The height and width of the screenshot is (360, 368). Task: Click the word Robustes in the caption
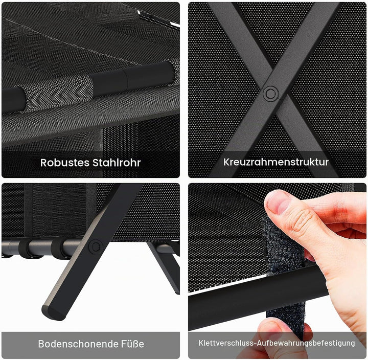coord(64,163)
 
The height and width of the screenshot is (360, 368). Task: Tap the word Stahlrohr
coord(117,163)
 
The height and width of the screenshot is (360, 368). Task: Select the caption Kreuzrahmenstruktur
coord(276,162)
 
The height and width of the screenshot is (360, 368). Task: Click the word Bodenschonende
coord(78,344)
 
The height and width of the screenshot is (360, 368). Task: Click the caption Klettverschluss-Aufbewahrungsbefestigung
coord(277,343)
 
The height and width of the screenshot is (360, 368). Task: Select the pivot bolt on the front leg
coord(96,246)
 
